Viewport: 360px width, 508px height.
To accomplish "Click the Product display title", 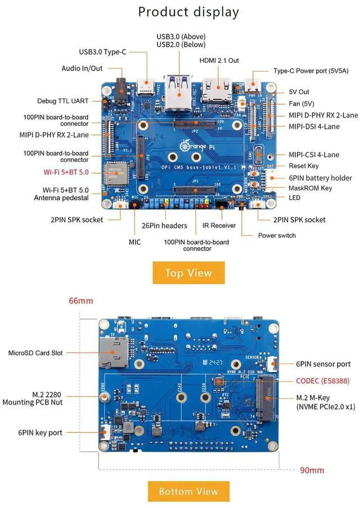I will click(188, 12).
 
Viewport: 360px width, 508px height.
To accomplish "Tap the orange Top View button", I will click(188, 273).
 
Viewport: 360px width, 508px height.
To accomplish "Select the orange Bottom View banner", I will click(188, 491).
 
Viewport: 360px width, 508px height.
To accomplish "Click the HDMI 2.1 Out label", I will click(219, 60).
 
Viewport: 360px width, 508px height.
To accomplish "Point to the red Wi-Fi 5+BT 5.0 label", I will click(66, 172).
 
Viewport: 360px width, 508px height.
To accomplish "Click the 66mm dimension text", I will click(81, 301).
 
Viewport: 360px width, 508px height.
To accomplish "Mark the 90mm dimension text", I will click(312, 470).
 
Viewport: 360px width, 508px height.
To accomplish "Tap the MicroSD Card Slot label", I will click(43, 353).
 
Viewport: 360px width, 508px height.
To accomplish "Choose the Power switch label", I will click(277, 235).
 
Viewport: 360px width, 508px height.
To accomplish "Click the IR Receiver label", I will click(219, 225).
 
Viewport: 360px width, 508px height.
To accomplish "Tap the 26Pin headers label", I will click(165, 225).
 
